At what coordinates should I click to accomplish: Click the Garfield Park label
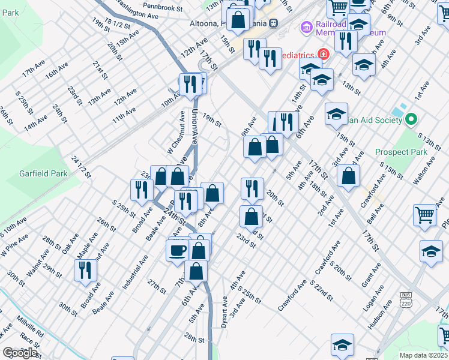coord(42,173)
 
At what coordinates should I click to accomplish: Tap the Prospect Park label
coord(402,152)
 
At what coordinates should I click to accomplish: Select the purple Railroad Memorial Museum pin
coord(307,26)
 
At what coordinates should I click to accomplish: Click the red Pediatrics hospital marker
coord(323,53)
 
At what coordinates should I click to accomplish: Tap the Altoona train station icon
coord(273,23)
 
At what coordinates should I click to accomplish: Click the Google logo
coord(19,353)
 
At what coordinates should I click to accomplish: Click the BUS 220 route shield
coord(406,299)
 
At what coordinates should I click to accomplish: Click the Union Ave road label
coord(194,125)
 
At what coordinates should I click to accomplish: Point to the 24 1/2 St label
coord(80,167)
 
